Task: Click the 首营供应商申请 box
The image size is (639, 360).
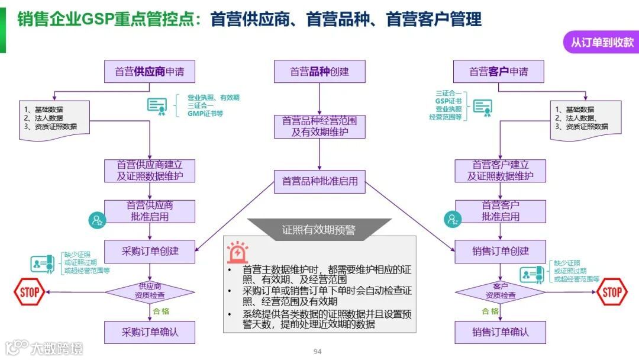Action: tap(150, 72)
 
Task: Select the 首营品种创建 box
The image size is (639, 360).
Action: tap(319, 72)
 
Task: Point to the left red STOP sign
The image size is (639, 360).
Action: tap(29, 291)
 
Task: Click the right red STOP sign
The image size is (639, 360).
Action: tap(612, 291)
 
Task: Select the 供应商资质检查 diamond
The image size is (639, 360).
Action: tap(150, 291)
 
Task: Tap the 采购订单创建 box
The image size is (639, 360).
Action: tap(150, 251)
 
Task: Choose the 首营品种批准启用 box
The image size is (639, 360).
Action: tap(319, 181)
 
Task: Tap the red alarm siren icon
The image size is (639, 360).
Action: tap(238, 252)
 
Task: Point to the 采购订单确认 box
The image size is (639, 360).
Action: tap(150, 332)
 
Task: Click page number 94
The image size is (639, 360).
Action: tap(317, 352)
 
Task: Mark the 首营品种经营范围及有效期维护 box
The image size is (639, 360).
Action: tap(319, 126)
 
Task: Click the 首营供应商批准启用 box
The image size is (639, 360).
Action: tap(150, 211)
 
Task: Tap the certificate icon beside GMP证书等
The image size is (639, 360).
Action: tap(157, 105)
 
